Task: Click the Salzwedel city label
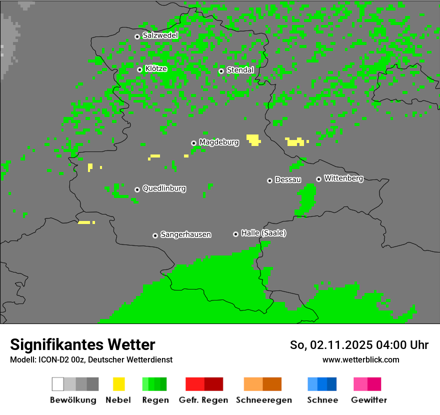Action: [x=160, y=35]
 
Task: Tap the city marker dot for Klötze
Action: [x=139, y=69]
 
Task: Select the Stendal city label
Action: [x=240, y=70]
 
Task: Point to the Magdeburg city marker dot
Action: [x=193, y=143]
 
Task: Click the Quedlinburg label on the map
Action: [x=164, y=188]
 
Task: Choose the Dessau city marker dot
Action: [x=269, y=180]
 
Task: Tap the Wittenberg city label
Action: [x=343, y=178]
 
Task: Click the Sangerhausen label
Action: [x=185, y=234]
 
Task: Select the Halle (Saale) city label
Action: [x=263, y=233]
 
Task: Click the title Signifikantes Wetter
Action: [x=82, y=345]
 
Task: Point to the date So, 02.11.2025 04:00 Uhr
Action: [x=359, y=345]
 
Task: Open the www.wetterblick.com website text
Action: [x=360, y=360]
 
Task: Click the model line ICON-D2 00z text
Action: [x=91, y=360]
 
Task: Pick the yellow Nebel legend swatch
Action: [x=118, y=384]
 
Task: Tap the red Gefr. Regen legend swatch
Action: [x=204, y=384]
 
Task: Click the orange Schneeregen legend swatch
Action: [x=262, y=384]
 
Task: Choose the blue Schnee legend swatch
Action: [x=322, y=384]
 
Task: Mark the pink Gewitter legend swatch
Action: [x=367, y=384]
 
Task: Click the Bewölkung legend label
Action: [x=73, y=400]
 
